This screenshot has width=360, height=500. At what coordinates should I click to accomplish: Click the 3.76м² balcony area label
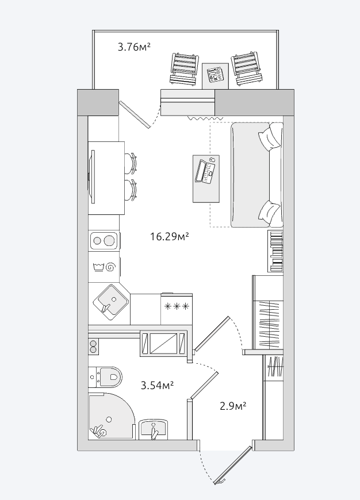tap(134, 47)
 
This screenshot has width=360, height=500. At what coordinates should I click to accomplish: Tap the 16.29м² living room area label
tap(170, 237)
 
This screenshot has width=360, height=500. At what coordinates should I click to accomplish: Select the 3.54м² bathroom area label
tap(157, 385)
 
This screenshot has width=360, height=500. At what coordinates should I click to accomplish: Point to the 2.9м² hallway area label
tap(233, 406)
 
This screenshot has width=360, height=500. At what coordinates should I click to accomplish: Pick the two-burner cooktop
tap(103, 240)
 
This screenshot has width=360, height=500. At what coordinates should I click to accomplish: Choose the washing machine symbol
tap(104, 267)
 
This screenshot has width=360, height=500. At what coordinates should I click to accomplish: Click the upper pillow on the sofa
tap(269, 137)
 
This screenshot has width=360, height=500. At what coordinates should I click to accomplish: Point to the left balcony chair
tap(184, 69)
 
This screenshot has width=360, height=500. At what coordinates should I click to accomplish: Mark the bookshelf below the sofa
tap(275, 251)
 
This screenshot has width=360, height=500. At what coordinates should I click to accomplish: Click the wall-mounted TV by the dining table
tap(93, 176)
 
